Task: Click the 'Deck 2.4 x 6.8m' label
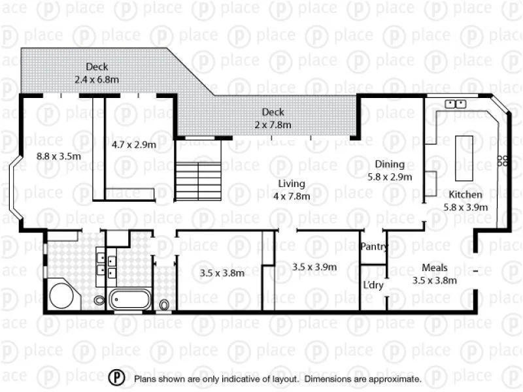tap(96, 73)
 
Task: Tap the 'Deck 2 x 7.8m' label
tap(273, 118)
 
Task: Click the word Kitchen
tap(465, 195)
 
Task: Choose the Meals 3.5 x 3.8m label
tap(434, 274)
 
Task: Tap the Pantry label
tap(374, 247)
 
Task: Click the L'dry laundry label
tap(373, 286)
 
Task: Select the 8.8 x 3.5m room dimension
tap(58, 156)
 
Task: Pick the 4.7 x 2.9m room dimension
tap(133, 144)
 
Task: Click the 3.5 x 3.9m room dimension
tap(314, 267)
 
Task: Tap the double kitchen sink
tap(455, 104)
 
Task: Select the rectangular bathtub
tap(130, 299)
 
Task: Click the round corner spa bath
tap(63, 295)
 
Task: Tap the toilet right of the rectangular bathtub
tap(163, 304)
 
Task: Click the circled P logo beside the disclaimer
tap(116, 378)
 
